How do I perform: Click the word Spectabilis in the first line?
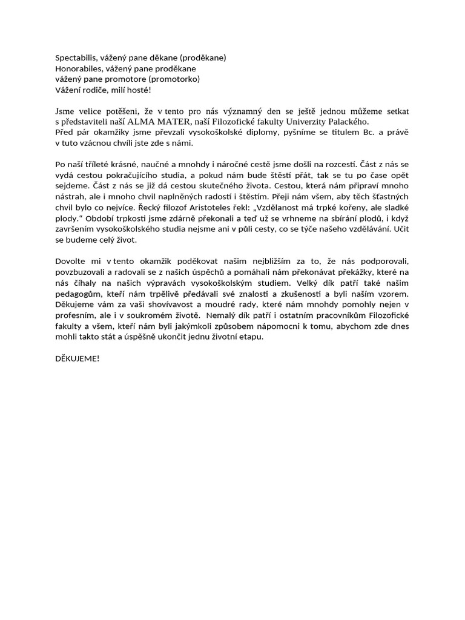pyautogui.click(x=76, y=58)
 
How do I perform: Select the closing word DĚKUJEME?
pyautogui.click(x=77, y=359)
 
